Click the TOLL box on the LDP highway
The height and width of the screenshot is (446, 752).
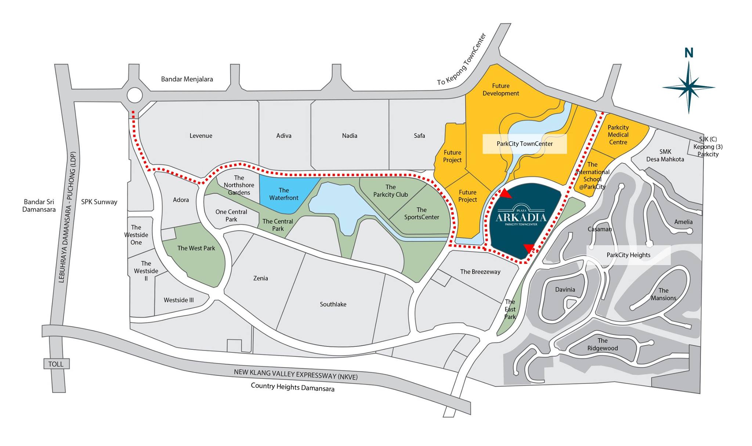[56, 364]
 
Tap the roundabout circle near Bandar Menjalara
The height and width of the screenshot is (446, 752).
[134, 95]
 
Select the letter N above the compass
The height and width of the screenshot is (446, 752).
[688, 54]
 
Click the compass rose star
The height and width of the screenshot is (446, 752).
[689, 87]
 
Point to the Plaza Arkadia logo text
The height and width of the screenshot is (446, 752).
[521, 217]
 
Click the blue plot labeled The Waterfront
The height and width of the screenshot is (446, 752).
[284, 194]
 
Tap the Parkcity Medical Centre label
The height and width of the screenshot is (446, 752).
[618, 135]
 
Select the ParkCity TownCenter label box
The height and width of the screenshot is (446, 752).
[524, 144]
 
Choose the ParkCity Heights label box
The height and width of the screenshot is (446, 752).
[628, 255]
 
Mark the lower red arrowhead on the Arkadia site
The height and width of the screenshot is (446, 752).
[528, 249]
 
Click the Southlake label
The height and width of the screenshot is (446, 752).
[333, 304]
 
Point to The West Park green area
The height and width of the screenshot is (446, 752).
[196, 249]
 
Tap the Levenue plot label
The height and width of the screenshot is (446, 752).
[201, 136]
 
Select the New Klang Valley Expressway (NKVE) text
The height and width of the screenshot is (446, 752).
[296, 375]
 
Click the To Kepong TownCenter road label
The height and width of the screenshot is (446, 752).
[462, 59]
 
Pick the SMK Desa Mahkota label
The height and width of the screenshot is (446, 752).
[665, 156]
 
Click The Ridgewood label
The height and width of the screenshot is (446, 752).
[602, 344]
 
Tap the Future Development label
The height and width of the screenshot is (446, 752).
[500, 90]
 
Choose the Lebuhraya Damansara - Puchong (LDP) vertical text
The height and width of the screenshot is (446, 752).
[67, 217]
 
